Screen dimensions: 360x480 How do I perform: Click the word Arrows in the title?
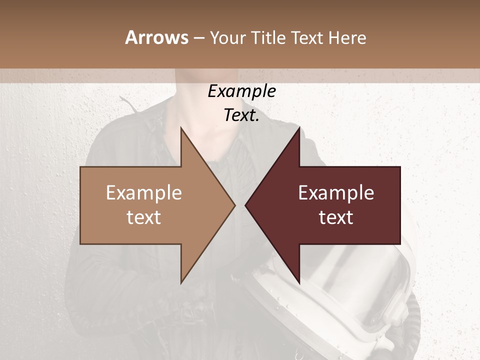pyautogui.click(x=156, y=37)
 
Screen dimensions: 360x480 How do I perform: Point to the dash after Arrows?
pyautogui.click(x=198, y=38)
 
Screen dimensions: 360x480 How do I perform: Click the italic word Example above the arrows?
pyautogui.click(x=241, y=91)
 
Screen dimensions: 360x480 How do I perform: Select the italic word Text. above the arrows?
pyautogui.click(x=241, y=115)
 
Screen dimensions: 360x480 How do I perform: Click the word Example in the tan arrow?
pyautogui.click(x=144, y=193)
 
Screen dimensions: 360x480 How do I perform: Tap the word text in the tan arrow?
pyautogui.click(x=144, y=217)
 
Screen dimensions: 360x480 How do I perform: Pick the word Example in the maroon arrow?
pyautogui.click(x=336, y=193)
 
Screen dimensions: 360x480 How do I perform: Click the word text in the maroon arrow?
pyautogui.click(x=336, y=217)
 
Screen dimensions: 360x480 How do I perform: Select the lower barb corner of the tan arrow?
pyautogui.click(x=181, y=282)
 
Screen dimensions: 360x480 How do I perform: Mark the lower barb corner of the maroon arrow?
pyautogui.click(x=299, y=282)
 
